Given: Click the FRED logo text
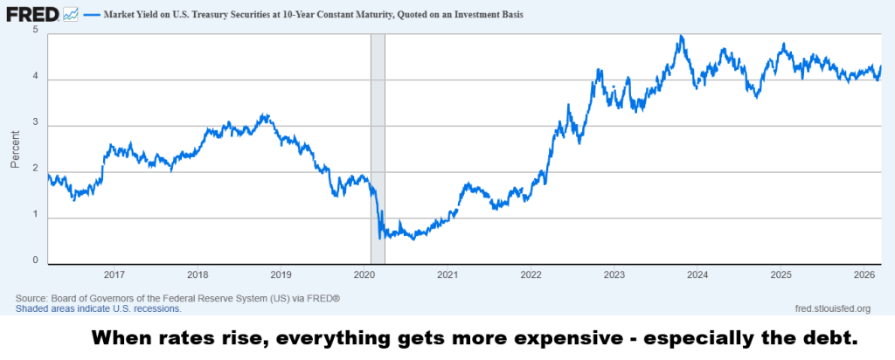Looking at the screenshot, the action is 32,14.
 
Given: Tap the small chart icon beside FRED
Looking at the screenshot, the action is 71,14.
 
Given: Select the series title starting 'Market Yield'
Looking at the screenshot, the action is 313,15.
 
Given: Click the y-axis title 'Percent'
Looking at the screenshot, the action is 15,149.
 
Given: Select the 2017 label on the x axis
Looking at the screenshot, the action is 114,274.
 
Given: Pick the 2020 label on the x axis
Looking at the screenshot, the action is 364,274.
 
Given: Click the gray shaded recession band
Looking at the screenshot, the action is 378,149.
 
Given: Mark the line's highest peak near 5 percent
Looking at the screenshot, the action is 680,36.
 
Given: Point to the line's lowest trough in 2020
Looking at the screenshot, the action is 413,239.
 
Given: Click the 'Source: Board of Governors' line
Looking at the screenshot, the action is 177,298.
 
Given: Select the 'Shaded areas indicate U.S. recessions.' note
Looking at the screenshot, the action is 99,308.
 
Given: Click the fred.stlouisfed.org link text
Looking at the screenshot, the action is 832,308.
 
